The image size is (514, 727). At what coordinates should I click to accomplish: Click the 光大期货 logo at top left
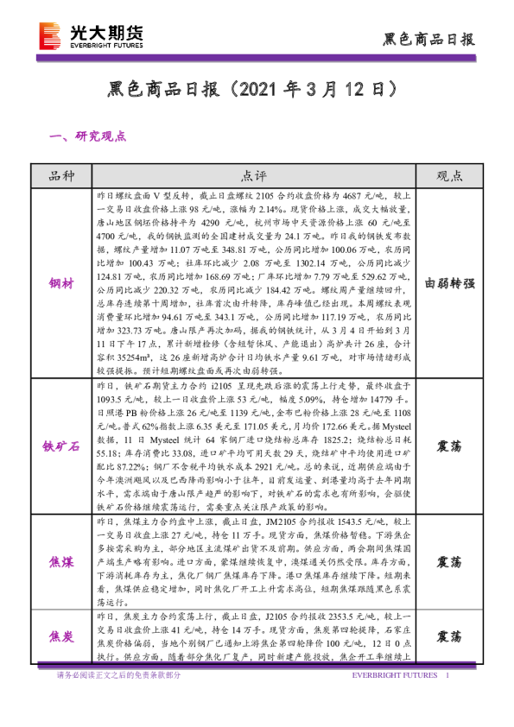tap(91, 35)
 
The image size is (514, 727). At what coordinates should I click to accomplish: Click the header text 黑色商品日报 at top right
tap(428, 39)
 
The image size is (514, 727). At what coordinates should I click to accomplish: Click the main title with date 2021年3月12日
tap(256, 89)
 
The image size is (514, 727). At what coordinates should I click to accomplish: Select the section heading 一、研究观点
tap(90, 136)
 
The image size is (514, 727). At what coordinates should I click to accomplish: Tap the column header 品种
tap(63, 176)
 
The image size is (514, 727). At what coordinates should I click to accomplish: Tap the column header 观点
tap(448, 176)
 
